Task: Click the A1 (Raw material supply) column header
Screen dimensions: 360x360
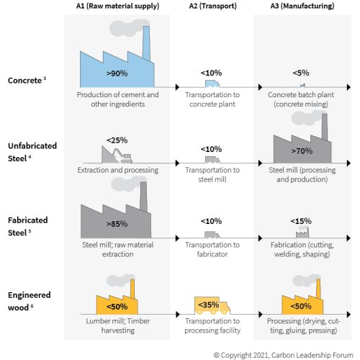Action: pos(117,6)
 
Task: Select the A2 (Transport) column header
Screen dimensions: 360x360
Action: pos(212,6)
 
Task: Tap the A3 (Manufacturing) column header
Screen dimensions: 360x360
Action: pos(302,6)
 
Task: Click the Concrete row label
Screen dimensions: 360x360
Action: pos(27,80)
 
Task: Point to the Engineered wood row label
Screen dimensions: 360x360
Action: pos(29,301)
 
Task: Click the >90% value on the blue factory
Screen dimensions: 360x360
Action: pos(117,73)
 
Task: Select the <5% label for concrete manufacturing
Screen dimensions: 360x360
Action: pos(301,73)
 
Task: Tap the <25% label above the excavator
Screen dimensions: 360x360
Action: pos(117,140)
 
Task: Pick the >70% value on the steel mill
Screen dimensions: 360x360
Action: pos(302,151)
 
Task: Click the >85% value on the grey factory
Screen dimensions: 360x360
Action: pos(117,224)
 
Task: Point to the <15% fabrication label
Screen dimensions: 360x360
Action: pos(301,221)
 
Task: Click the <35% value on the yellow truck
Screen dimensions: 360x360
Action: pos(208,305)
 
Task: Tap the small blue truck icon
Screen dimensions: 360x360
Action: pos(212,84)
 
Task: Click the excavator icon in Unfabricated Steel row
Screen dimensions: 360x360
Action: pos(117,155)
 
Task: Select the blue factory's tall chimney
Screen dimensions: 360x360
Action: pos(146,43)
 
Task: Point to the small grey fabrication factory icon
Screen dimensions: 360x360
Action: pos(302,232)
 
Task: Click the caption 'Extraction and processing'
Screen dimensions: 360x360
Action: pos(117,170)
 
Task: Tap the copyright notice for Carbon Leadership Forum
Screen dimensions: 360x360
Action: pos(283,355)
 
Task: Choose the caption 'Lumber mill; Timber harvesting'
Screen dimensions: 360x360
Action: pos(117,325)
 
